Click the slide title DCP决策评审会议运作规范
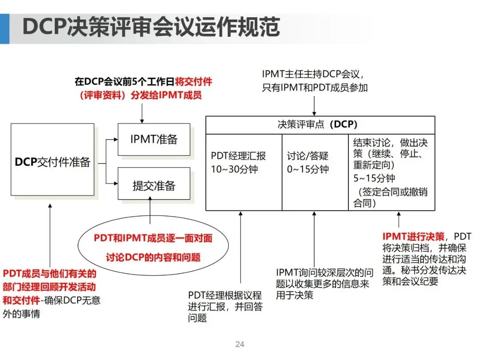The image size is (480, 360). click(x=151, y=28)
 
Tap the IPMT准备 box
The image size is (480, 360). click(x=154, y=139)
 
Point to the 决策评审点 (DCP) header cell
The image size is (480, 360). click(x=320, y=125)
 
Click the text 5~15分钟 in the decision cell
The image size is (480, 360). click(x=374, y=179)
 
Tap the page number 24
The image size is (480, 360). click(x=240, y=344)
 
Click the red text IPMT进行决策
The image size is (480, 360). click(x=413, y=236)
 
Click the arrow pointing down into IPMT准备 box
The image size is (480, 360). click(x=142, y=114)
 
